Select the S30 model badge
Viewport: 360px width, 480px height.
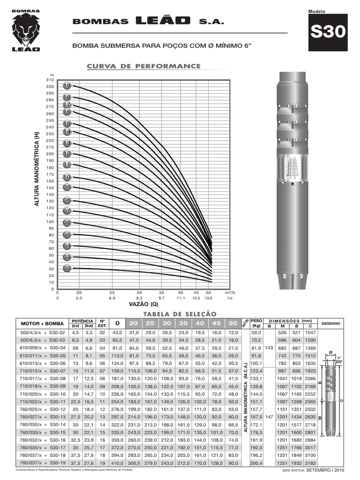(328, 32)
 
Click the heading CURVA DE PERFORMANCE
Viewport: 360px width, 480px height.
(143, 66)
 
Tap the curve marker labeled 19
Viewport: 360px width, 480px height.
(67, 86)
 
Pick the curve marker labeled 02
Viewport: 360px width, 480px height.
(67, 268)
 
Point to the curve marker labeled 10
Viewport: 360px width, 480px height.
(67, 177)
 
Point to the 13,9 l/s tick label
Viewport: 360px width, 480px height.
(209, 298)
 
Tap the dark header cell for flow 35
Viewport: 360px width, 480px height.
(170, 323)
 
